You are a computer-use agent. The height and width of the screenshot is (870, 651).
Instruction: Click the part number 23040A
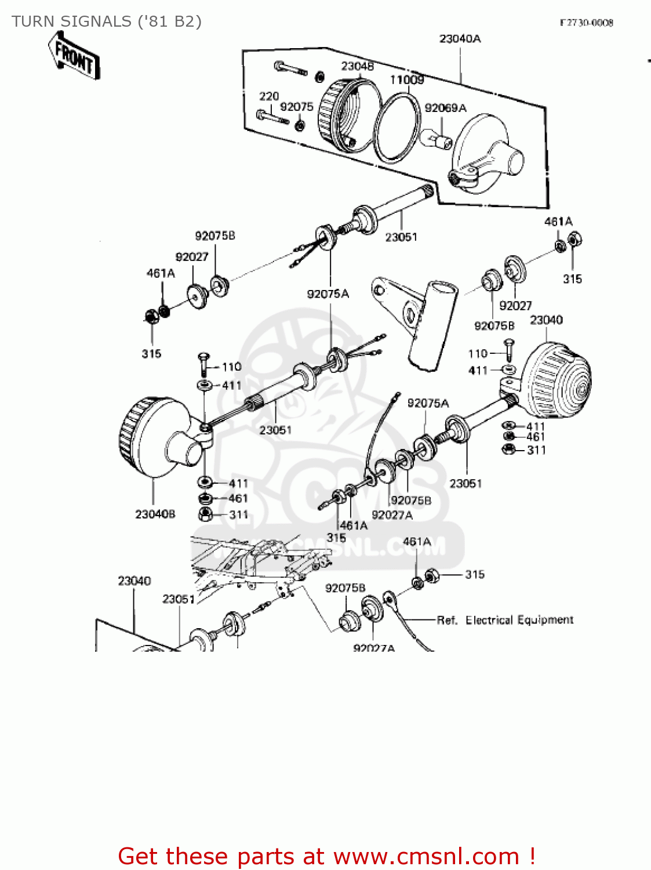click(460, 39)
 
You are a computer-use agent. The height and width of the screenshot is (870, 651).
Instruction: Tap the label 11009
click(406, 80)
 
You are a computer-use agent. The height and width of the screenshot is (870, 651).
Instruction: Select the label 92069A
click(445, 108)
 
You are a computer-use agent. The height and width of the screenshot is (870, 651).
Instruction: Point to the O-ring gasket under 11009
click(397, 128)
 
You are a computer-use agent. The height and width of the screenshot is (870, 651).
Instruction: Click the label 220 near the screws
click(269, 96)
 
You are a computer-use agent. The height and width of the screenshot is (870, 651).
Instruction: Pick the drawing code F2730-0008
click(586, 23)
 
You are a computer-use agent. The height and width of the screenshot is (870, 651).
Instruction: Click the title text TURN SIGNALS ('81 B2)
click(107, 21)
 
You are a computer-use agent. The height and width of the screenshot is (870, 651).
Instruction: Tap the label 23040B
click(155, 514)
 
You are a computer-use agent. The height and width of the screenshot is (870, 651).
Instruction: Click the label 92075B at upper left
click(215, 236)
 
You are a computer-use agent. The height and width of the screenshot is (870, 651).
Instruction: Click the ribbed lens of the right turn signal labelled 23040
click(559, 380)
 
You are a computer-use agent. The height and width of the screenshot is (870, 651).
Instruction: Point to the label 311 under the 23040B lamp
click(238, 514)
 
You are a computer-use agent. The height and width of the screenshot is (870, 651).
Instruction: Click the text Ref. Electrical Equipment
click(505, 620)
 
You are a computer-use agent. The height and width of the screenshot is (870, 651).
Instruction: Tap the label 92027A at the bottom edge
click(374, 647)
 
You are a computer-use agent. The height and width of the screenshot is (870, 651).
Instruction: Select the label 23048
click(357, 66)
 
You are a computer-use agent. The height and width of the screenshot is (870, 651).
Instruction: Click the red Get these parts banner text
click(326, 856)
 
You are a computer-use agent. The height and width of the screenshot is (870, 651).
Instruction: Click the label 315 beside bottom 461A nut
click(474, 574)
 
